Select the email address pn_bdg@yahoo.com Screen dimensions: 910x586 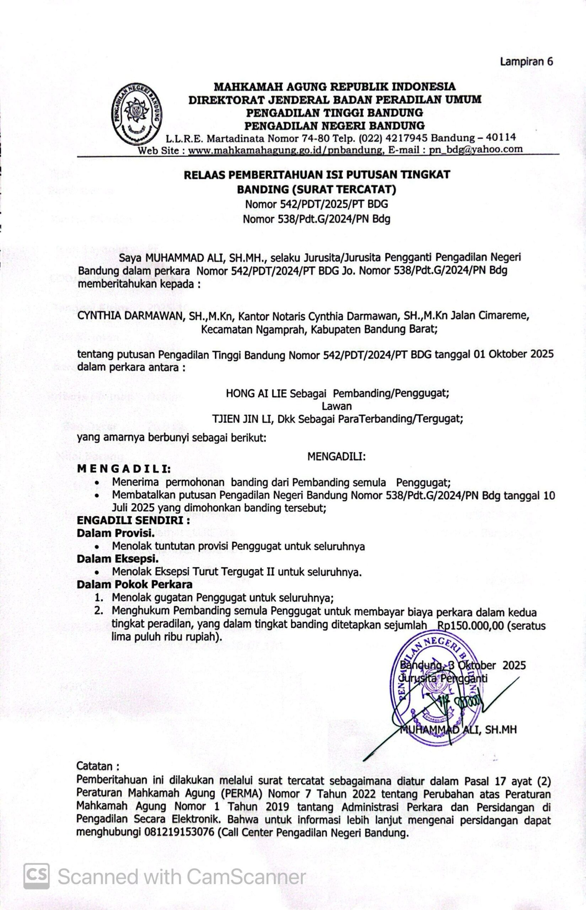(475, 149)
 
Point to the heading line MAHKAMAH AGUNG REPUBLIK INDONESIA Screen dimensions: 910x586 (335, 87)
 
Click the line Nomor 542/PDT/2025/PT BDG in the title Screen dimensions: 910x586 (317, 204)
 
